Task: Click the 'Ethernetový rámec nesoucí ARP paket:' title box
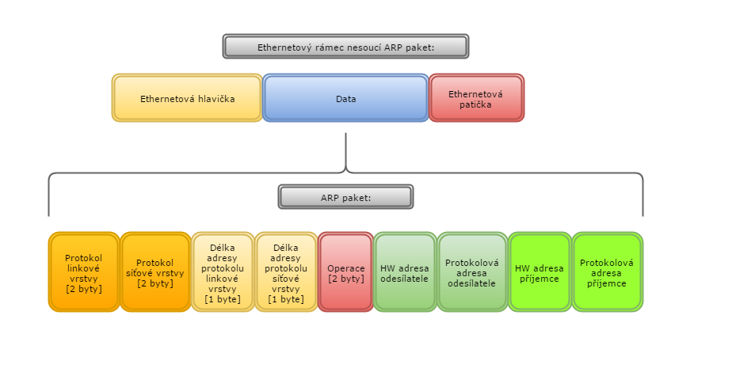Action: [345, 46]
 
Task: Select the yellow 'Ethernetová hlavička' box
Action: [187, 98]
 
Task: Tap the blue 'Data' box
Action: [345, 98]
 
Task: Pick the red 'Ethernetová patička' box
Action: [476, 98]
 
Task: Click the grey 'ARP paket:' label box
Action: [345, 196]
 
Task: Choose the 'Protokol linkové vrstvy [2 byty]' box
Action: [84, 272]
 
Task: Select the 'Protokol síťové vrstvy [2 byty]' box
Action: [155, 272]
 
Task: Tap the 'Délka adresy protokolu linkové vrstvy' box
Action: [223, 272]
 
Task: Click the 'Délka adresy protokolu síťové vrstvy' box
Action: [286, 272]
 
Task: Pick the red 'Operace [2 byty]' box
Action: [345, 272]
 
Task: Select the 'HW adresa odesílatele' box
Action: [405, 272]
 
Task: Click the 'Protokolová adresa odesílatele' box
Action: [471, 272]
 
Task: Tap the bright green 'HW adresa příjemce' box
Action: [539, 272]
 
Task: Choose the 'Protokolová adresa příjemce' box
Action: [607, 272]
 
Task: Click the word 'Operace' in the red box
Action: [345, 268]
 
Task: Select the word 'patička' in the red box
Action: [475, 104]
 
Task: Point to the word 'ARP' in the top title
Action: [392, 47]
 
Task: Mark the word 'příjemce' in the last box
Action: [607, 283]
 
